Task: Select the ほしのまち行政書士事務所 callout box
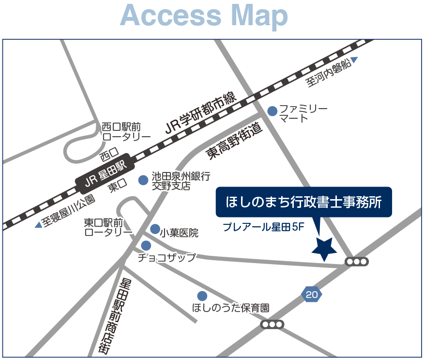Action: point(303,201)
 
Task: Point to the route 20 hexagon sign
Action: point(311,294)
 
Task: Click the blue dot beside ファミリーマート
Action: point(273,111)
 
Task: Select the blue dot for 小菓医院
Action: point(155,229)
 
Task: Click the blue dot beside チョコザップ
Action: point(146,246)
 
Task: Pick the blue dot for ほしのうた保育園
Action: point(202,296)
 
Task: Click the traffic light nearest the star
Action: point(357,262)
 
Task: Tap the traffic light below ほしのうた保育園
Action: point(272,324)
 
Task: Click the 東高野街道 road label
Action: point(234,141)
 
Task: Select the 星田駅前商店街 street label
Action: point(116,315)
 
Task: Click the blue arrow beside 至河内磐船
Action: point(354,60)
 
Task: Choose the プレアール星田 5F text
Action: point(263,228)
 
